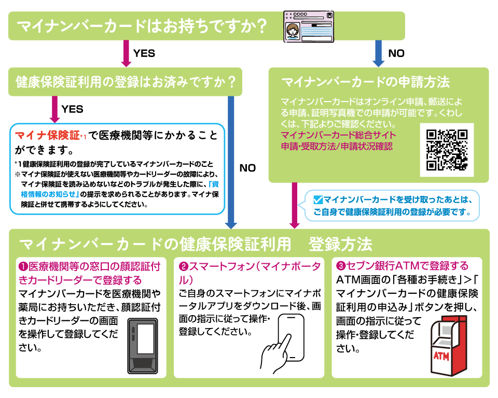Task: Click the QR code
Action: pyautogui.click(x=446, y=149)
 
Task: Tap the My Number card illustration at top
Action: pyautogui.click(x=310, y=26)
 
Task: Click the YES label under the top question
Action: pyautogui.click(x=144, y=53)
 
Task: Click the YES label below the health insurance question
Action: pyautogui.click(x=72, y=109)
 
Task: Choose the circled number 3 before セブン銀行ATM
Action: pyautogui.click(x=341, y=266)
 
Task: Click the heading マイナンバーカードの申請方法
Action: pyautogui.click(x=365, y=82)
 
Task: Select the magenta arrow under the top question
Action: pyautogui.click(x=125, y=53)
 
